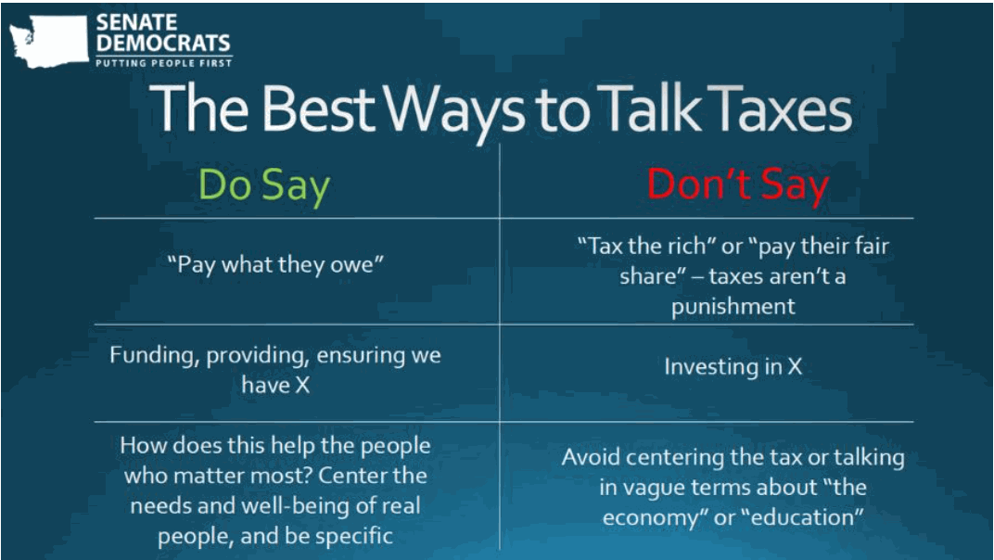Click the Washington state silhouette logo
49,41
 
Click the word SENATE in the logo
137,22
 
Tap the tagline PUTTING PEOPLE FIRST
163,63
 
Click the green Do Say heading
264,186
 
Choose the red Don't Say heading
738,185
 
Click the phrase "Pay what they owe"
275,264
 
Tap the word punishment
733,306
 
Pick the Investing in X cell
733,366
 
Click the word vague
655,488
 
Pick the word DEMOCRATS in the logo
163,44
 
